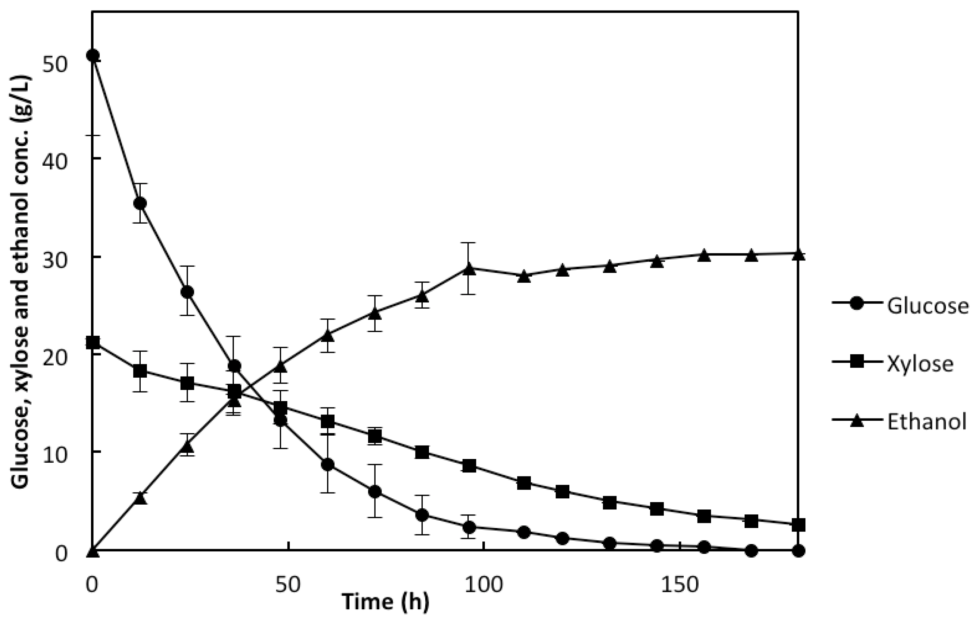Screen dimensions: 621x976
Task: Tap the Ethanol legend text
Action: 927,422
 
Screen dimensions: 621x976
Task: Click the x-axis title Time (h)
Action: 386,602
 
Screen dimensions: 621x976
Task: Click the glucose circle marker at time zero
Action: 93,55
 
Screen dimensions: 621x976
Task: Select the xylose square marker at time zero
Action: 93,343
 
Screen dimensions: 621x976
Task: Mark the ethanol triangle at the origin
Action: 93,551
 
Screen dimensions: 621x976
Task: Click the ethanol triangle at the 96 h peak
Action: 469,269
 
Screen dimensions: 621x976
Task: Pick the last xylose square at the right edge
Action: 798,525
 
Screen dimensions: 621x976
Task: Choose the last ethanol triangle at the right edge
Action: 798,255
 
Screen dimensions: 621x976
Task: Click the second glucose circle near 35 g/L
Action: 140,203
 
